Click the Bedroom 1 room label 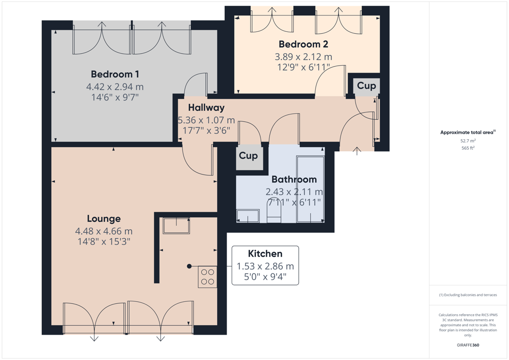(x=115, y=75)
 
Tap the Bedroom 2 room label (x=303, y=44)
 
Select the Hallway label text (x=206, y=108)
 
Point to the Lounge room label (x=103, y=219)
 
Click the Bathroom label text (x=294, y=180)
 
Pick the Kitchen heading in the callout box (x=265, y=254)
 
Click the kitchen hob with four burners (x=207, y=277)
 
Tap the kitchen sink (x=176, y=226)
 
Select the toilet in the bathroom (x=274, y=210)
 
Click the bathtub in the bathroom (x=310, y=189)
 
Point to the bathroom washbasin (x=248, y=216)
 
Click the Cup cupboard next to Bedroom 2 (x=366, y=86)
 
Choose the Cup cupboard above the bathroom (x=249, y=156)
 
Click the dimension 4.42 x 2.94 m (x=115, y=87)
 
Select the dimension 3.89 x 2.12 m (x=303, y=57)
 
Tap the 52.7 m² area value (x=468, y=141)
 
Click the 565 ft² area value (x=468, y=148)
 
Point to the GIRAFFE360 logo (x=468, y=345)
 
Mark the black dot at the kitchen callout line (x=189, y=267)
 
